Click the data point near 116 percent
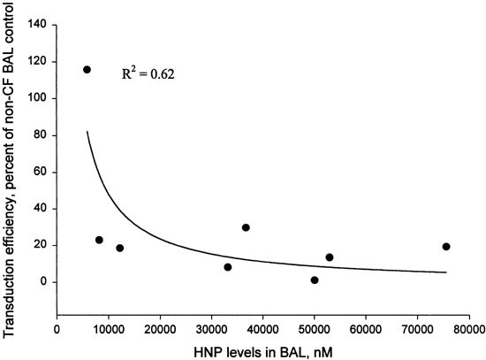click(87, 69)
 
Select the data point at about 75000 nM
click(446, 247)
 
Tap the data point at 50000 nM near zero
click(315, 280)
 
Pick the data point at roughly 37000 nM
click(246, 227)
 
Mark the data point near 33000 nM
click(228, 267)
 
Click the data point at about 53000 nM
click(330, 257)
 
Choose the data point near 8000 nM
click(99, 240)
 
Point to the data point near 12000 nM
click(119, 249)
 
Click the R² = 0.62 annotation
click(148, 75)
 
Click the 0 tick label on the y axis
click(42, 282)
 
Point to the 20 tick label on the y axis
click(40, 245)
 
